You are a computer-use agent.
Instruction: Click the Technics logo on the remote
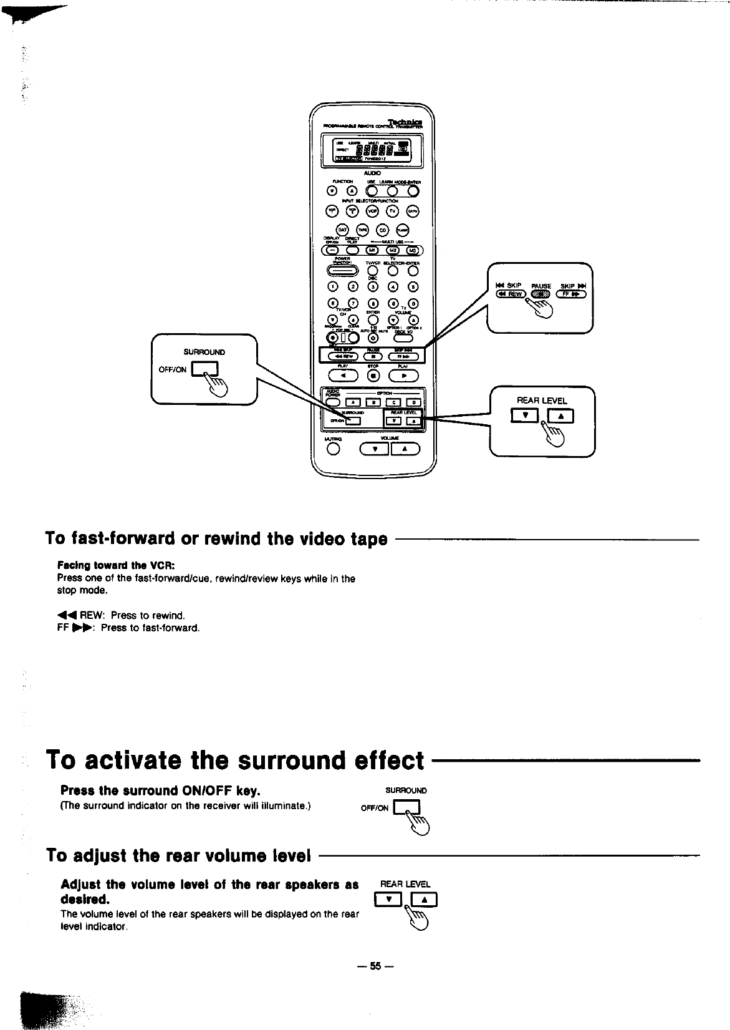coord(405,121)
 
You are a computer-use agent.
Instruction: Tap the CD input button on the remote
coord(383,230)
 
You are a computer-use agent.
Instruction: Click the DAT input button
coord(342,230)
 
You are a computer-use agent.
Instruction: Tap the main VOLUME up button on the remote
coord(405,449)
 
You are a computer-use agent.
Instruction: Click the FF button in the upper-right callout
coord(574,295)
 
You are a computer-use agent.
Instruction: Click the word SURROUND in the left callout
coord(204,352)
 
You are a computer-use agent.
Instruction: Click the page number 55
coord(375,966)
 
